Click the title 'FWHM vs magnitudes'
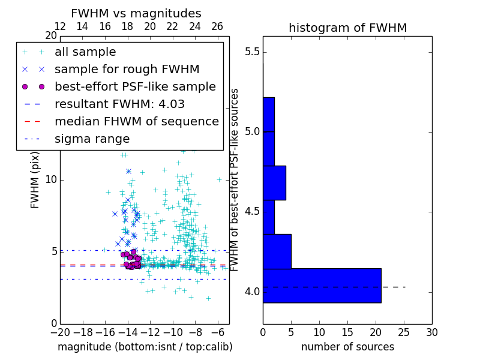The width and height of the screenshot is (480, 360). [136, 13]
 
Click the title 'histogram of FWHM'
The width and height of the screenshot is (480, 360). [347, 28]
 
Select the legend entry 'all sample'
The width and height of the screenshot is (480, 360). [85, 52]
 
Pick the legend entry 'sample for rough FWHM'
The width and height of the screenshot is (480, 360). [127, 69]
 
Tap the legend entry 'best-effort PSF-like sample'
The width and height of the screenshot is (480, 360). [135, 86]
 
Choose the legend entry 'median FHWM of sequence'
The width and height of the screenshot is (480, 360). [136, 121]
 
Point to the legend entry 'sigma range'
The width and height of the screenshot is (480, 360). [92, 139]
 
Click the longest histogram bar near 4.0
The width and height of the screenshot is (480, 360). [322, 286]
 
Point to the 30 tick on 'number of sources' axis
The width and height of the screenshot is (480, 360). [431, 331]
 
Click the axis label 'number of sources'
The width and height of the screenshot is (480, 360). [347, 347]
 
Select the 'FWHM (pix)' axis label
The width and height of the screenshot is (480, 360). [35, 179]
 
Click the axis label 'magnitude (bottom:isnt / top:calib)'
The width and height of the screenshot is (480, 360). [145, 347]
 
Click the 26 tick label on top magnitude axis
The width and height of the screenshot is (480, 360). [217, 26]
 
